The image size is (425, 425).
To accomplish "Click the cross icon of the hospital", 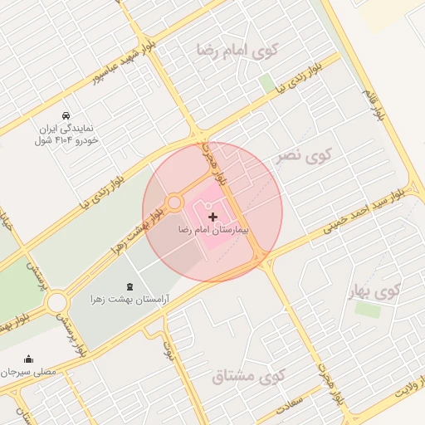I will (x=213, y=217).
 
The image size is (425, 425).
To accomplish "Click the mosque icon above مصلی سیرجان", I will (x=30, y=359).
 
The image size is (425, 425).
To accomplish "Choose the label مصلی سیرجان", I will (x=30, y=372).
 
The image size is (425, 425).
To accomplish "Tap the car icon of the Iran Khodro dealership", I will (x=66, y=115).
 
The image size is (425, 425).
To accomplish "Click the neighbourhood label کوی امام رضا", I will (x=238, y=49).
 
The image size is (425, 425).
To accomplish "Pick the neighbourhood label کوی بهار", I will (x=376, y=291).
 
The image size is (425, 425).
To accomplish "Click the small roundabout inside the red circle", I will (x=174, y=203).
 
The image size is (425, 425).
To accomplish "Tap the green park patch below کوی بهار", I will (x=367, y=309).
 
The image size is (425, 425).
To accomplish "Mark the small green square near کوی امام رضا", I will (x=266, y=82).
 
